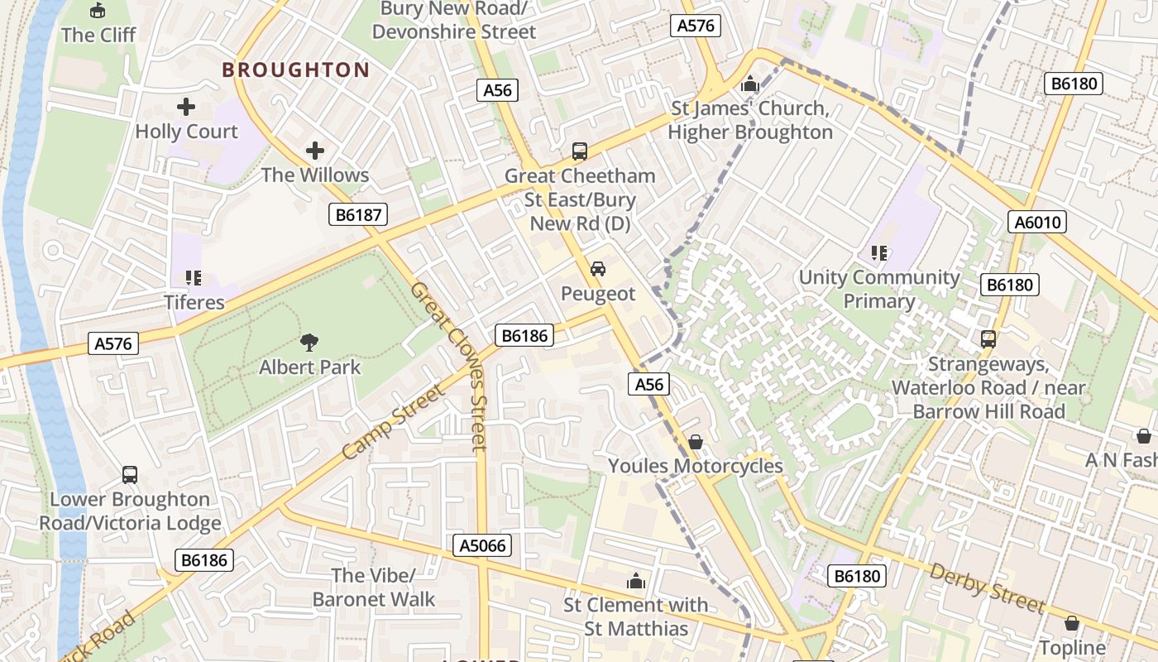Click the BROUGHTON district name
click(295, 70)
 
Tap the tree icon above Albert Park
click(309, 342)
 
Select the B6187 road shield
click(359, 215)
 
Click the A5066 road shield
click(483, 545)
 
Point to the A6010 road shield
click(1038, 222)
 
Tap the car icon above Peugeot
click(597, 269)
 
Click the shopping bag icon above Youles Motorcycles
click(696, 442)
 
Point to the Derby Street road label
click(986, 588)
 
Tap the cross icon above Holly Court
click(186, 107)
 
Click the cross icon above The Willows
click(314, 151)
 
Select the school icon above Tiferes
click(194, 278)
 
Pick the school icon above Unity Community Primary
click(878, 253)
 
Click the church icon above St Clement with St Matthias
click(636, 581)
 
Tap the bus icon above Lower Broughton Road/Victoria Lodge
click(130, 475)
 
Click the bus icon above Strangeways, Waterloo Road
click(988, 339)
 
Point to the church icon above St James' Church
click(750, 84)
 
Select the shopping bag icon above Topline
click(1072, 623)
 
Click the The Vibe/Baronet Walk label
click(374, 587)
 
